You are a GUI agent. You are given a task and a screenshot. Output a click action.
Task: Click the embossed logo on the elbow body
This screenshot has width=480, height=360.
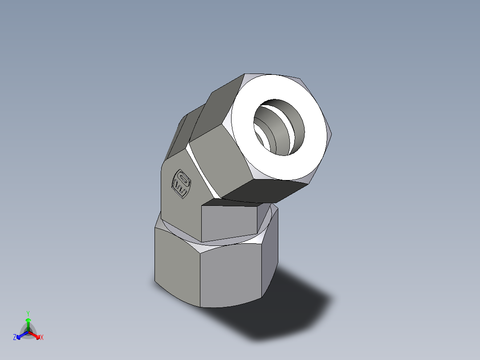tap(181, 184)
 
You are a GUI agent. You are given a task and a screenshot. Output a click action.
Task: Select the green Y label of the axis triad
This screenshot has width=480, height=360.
tap(28, 313)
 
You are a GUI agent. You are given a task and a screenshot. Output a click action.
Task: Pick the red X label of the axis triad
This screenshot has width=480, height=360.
tap(42, 337)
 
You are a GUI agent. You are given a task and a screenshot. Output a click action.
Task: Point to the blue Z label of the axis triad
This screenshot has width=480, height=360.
tap(15, 337)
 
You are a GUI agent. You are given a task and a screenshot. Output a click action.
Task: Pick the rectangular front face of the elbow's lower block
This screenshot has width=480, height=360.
tap(229, 223)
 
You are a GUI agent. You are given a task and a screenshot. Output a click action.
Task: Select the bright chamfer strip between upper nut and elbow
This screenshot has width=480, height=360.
tap(203, 172)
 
